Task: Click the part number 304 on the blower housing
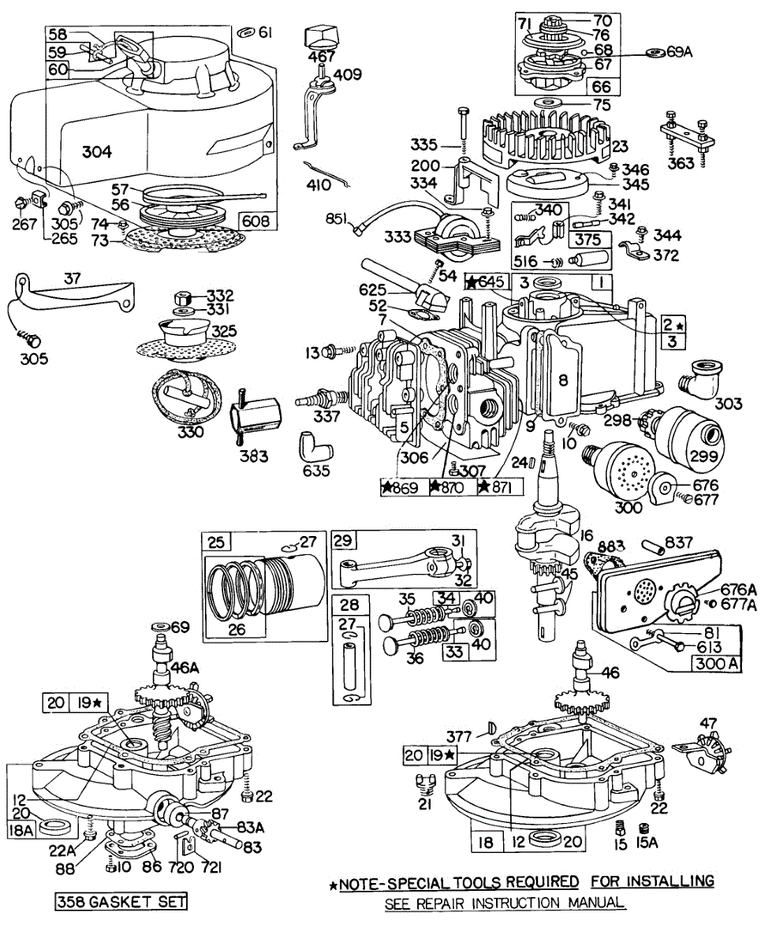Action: pyautogui.click(x=97, y=151)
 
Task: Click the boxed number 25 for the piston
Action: pyautogui.click(x=214, y=542)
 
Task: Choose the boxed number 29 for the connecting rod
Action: pyautogui.click(x=342, y=542)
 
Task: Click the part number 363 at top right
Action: pyautogui.click(x=681, y=163)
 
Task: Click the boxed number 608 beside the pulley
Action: pyautogui.click(x=258, y=222)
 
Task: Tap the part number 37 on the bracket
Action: pyautogui.click(x=73, y=280)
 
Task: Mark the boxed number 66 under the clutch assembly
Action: pyautogui.click(x=606, y=86)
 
